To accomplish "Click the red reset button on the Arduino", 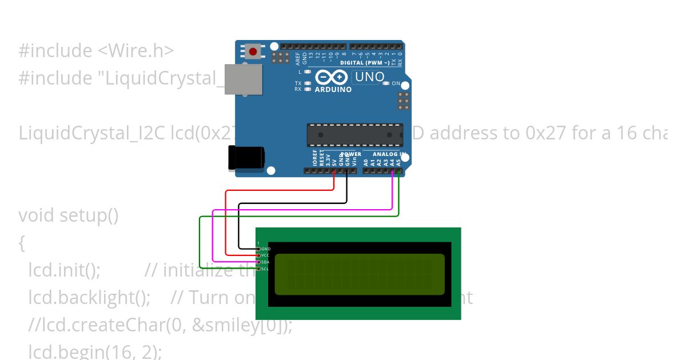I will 253,52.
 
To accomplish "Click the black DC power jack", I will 246,157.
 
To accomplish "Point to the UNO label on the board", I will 369,77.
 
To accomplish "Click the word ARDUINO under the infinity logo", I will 333,90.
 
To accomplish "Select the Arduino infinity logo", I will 331,77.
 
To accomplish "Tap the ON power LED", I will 386,83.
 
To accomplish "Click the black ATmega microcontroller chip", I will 354,135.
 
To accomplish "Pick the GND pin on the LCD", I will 259,249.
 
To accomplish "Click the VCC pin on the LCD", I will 259,255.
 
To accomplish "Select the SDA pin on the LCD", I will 259,262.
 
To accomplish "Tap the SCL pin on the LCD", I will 259,269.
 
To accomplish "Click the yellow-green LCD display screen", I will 360,274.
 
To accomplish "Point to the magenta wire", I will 213,234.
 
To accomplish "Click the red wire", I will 226,223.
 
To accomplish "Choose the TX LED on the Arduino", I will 308,83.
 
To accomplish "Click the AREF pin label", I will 298,57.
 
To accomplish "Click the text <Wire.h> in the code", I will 135,50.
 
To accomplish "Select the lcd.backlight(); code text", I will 89,298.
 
